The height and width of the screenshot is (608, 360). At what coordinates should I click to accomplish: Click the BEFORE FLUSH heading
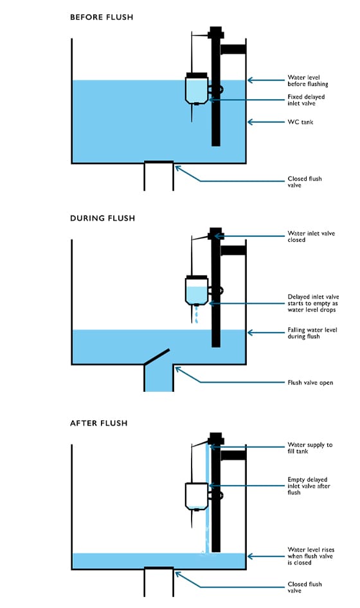102,17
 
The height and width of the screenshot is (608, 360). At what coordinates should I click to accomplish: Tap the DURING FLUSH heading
103,218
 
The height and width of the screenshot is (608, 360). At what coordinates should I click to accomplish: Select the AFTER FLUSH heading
99,423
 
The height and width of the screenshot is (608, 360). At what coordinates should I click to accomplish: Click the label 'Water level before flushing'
308,80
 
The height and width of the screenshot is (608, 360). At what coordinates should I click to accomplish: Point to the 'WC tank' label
300,122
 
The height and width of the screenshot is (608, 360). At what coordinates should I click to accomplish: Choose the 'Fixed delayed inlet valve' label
306,100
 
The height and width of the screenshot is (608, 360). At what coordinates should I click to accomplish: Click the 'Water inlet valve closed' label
311,237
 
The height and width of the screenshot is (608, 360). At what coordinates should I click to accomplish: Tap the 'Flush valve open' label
310,383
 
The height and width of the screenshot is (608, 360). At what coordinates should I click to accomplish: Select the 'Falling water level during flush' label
312,333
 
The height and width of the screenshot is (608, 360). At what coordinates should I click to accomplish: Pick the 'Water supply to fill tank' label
310,448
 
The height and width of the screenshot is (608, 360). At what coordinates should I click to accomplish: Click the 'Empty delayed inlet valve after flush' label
309,486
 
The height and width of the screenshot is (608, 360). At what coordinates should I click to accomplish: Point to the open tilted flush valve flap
157,356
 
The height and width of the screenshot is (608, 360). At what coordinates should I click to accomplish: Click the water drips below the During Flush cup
197,315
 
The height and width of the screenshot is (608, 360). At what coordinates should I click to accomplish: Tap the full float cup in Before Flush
197,88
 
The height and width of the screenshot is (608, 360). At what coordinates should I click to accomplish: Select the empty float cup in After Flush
197,496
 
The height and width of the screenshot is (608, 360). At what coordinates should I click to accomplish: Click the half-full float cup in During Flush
197,290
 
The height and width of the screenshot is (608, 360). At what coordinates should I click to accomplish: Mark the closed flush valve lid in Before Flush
159,162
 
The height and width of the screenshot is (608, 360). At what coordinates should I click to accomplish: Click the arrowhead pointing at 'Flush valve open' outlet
177,369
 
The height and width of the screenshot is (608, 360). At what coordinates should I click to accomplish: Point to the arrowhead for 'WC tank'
251,122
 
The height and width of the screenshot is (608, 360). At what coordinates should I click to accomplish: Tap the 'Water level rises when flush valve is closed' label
310,556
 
